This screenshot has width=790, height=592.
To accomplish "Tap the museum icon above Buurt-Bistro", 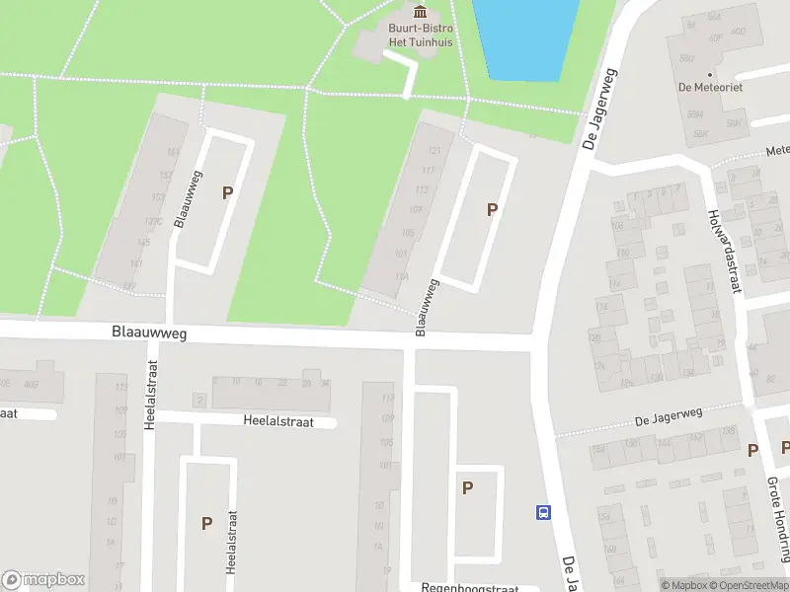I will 422,11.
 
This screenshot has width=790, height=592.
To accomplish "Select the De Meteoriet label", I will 710,87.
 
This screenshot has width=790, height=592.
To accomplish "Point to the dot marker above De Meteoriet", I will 710,73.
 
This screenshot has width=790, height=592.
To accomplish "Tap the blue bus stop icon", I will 543,511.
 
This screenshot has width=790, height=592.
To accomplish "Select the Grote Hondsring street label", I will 778,518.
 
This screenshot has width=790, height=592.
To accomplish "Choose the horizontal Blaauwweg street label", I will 149,335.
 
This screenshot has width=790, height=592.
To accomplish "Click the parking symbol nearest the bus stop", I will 467,487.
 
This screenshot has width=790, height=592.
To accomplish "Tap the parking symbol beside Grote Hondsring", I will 753,451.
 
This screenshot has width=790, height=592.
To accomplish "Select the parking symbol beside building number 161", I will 227,193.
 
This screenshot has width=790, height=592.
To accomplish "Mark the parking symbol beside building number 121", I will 491,209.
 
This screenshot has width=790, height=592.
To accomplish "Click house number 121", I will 434,151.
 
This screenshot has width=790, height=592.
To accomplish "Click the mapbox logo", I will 43,579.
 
